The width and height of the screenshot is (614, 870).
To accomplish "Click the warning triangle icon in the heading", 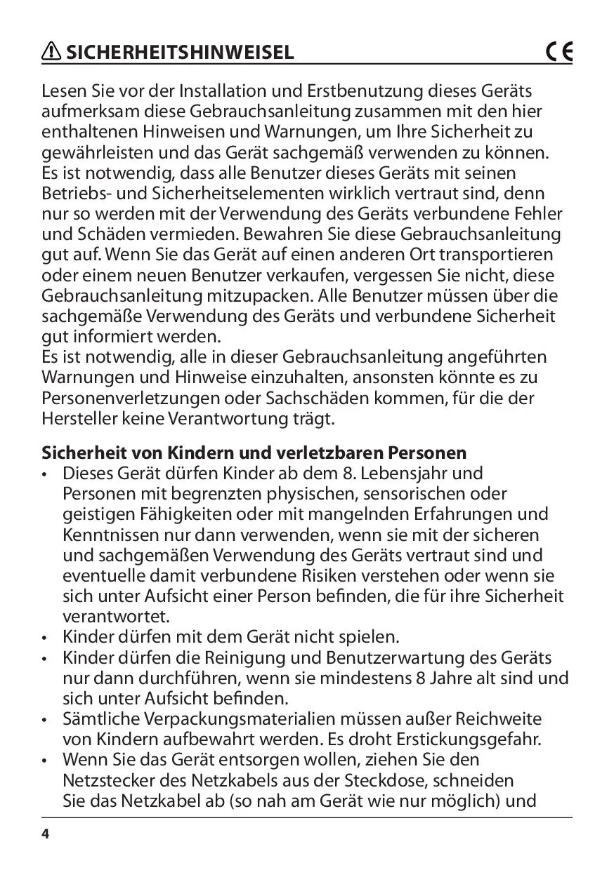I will click(x=52, y=52).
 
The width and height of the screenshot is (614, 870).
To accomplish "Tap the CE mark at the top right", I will click(x=559, y=52).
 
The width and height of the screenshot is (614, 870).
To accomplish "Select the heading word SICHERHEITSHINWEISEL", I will click(x=180, y=53).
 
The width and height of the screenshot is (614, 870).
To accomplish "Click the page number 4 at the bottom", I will click(x=46, y=834).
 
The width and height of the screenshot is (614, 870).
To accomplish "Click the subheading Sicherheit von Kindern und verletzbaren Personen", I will click(x=254, y=452).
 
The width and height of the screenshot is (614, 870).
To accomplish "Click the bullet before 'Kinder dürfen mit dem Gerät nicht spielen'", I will click(x=46, y=638).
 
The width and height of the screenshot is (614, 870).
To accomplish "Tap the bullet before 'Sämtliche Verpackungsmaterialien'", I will click(x=46, y=720).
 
